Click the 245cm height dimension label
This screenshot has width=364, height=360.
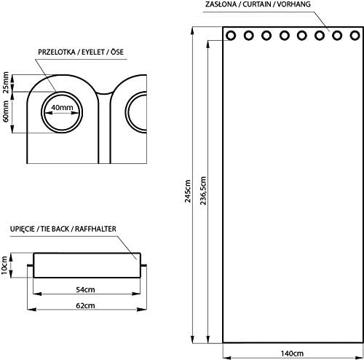pyautogui.click(x=188, y=191)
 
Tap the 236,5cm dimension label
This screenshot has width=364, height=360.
pyautogui.click(x=203, y=191)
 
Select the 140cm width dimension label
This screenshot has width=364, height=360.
pyautogui.click(x=292, y=353)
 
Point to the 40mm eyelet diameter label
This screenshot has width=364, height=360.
pyautogui.click(x=62, y=107)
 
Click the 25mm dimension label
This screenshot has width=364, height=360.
pyautogui.click(x=6, y=82)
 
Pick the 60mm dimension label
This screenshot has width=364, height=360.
pyautogui.click(x=6, y=111)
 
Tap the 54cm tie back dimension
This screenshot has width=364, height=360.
pyautogui.click(x=85, y=289)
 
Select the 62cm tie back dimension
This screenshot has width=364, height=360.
pyautogui.click(x=85, y=305)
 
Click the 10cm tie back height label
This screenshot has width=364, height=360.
pyautogui.click(x=4, y=265)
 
